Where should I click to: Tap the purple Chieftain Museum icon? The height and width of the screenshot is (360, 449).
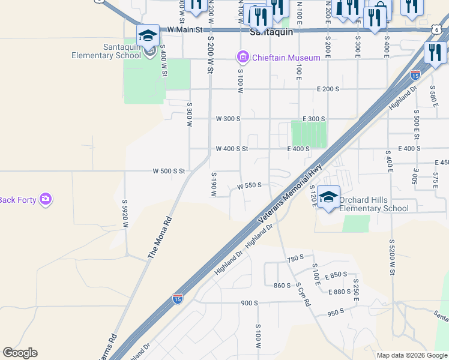243,58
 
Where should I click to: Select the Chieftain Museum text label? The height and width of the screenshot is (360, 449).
277,58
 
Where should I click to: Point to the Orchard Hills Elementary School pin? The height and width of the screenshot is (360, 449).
328,199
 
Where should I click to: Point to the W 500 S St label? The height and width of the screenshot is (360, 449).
169,172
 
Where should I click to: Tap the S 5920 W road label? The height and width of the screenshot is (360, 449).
126,214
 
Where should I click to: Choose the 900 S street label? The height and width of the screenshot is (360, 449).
249,303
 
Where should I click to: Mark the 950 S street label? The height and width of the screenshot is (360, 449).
336,312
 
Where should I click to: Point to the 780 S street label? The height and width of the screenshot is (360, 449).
295,259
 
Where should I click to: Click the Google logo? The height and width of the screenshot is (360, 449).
20,353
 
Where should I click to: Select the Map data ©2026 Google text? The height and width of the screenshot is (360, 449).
411,355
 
